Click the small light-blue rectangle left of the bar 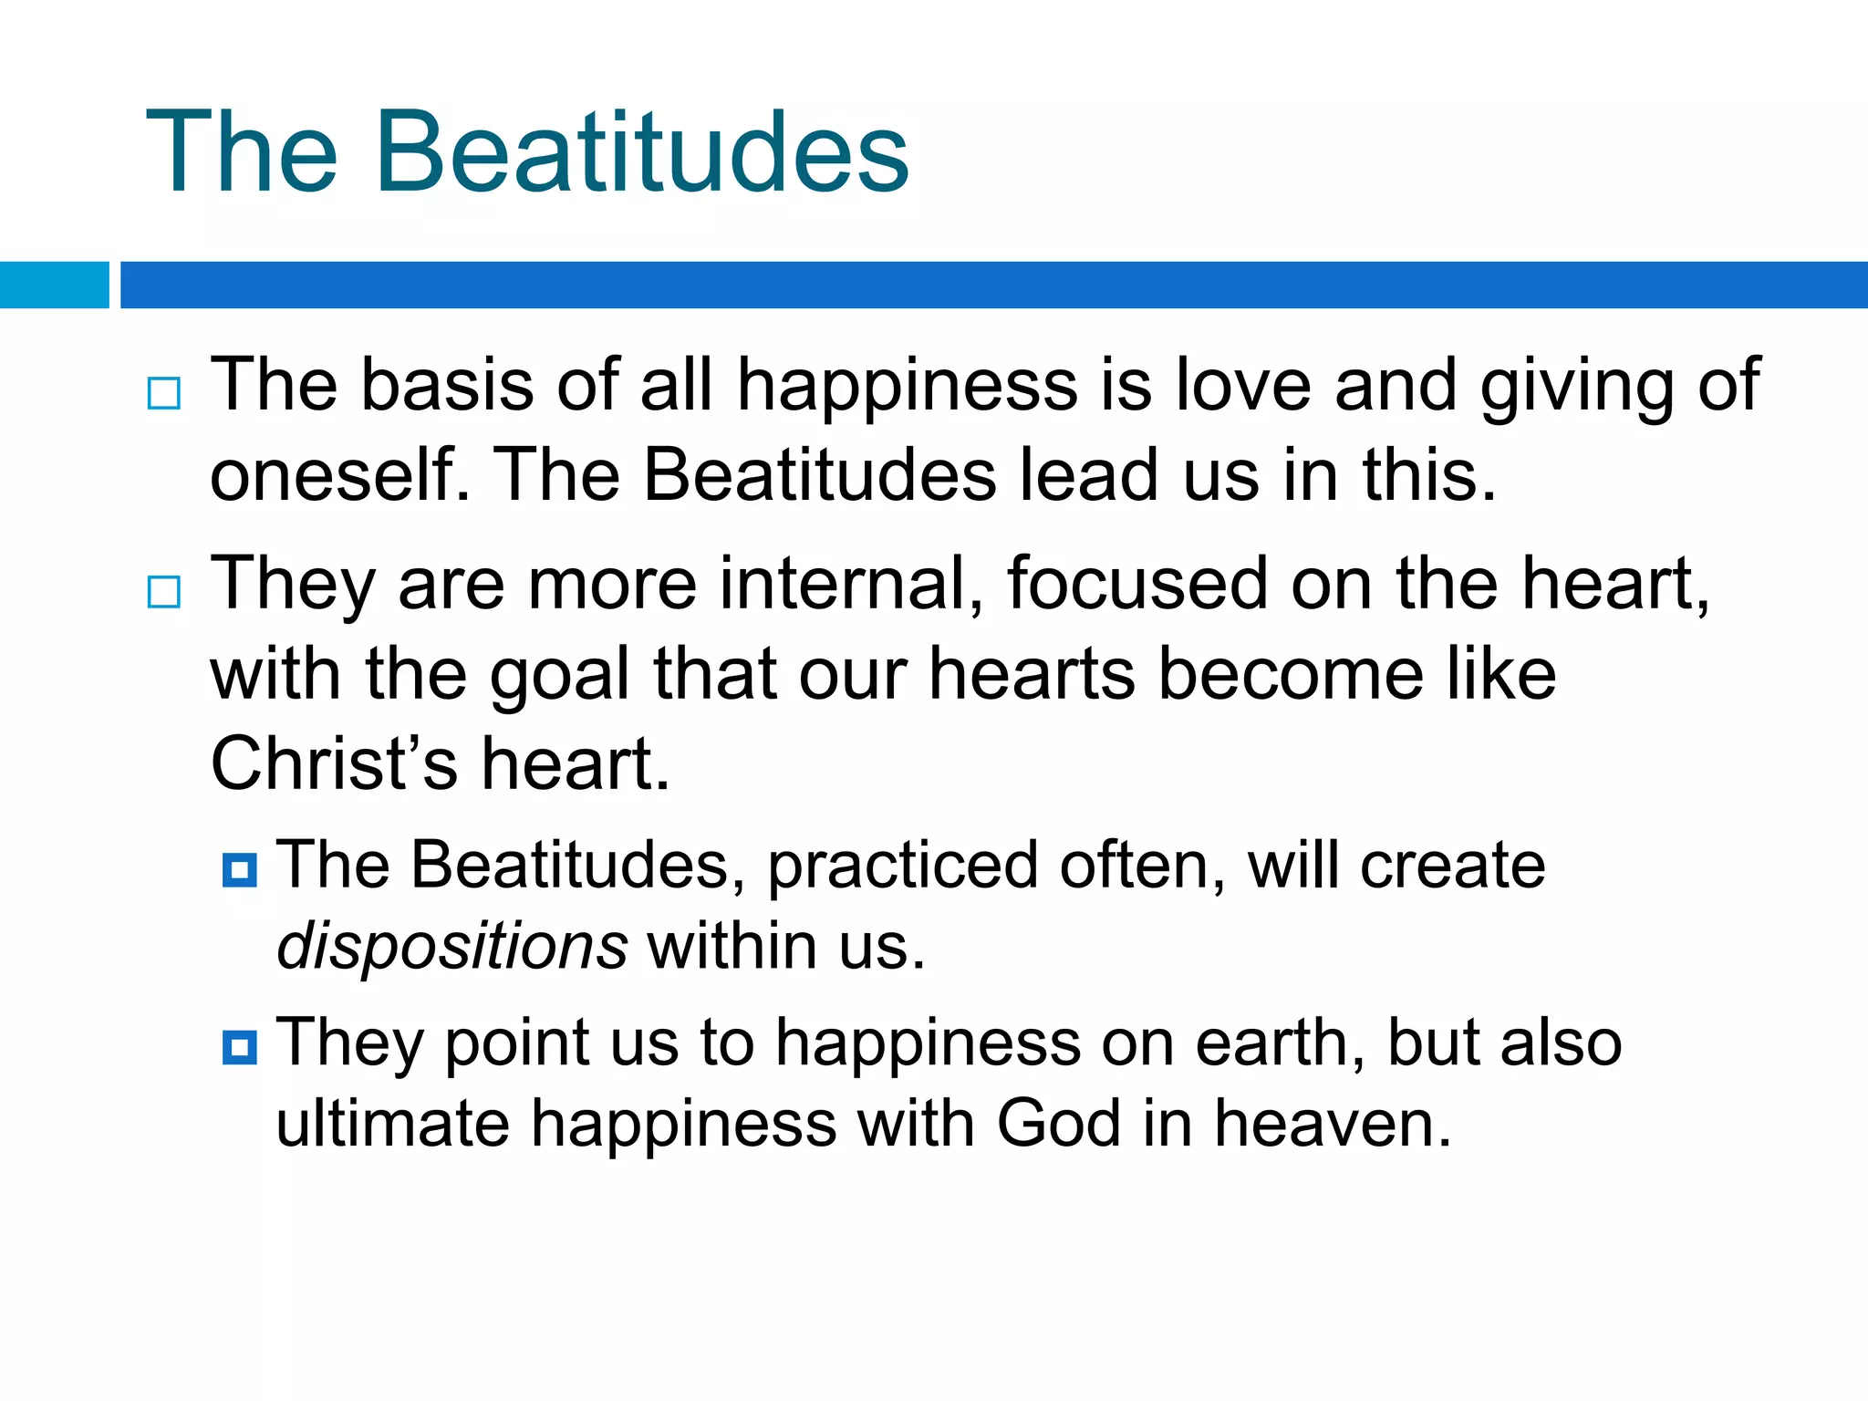coord(54,285)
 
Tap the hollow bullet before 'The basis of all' coord(164,393)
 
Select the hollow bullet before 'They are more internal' coord(164,592)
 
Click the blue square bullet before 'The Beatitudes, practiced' coord(240,870)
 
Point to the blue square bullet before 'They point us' coord(240,1047)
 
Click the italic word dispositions coord(451,947)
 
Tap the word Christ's coord(334,764)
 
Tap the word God coord(1058,1124)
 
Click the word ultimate coord(392,1124)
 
